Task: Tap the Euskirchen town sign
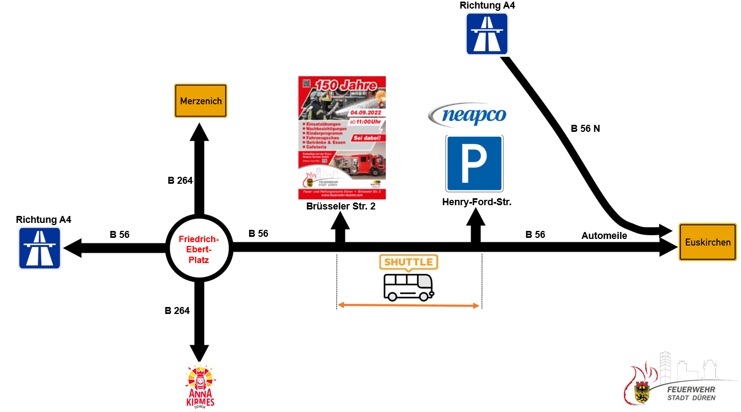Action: tap(707, 242)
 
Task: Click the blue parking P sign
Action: tap(474, 163)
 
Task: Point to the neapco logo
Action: tap(467, 115)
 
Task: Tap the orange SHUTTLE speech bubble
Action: tap(408, 262)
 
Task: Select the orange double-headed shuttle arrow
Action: tap(409, 305)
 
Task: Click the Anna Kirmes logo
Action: tap(199, 386)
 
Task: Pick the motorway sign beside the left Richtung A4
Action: tap(40, 248)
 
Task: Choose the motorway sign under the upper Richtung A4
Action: tap(487, 34)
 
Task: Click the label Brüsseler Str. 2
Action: tap(341, 206)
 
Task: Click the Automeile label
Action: tap(604, 236)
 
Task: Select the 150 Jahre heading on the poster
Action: tap(349, 85)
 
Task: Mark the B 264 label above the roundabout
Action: tap(180, 181)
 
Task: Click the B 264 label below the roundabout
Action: tap(177, 311)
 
